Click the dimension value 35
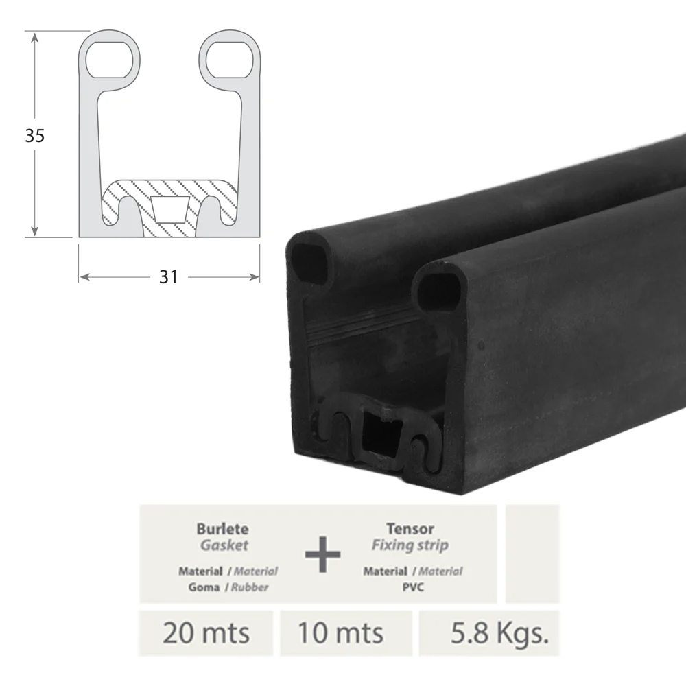34,136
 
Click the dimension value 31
169,277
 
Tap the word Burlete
223,529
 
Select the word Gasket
224,545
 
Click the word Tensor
410,529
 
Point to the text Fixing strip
410,545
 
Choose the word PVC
413,587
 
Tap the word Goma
204,587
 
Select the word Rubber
250,587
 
